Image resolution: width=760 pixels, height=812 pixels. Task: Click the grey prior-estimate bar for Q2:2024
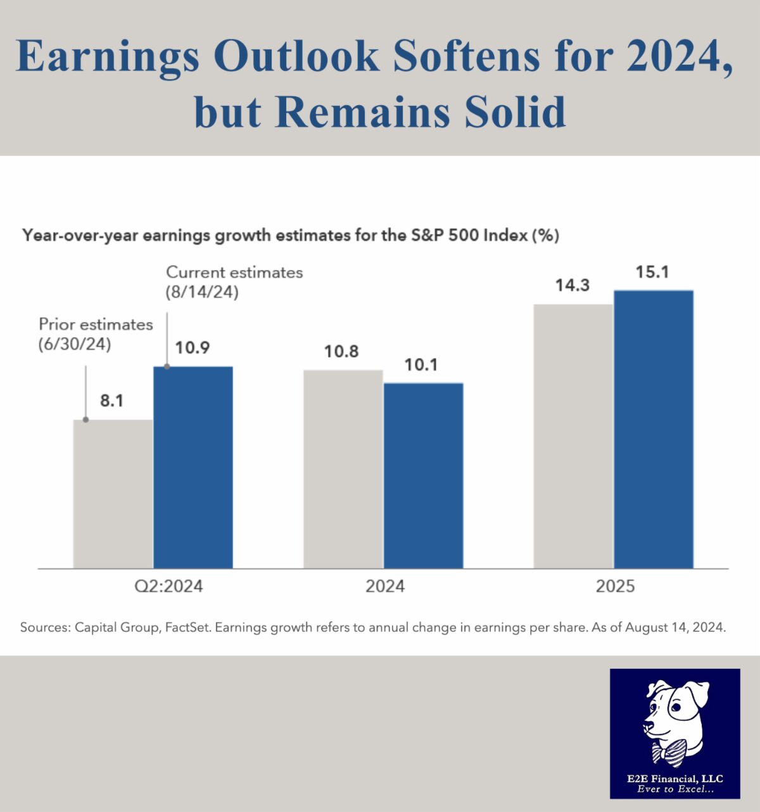coord(113,494)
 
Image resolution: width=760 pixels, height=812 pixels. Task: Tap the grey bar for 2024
coord(343,469)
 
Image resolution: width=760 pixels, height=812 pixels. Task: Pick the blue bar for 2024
coord(424,475)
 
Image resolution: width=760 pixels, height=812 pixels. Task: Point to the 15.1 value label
coord(652,273)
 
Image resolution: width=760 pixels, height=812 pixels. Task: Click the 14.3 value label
coord(573,286)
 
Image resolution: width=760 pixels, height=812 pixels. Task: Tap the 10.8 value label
coord(341,351)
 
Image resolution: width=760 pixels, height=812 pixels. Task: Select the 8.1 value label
coord(111,401)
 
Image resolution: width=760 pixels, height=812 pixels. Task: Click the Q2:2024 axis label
coord(168,586)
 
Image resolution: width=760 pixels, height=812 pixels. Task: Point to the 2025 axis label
coord(614,586)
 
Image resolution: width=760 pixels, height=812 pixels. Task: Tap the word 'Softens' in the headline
coord(467,56)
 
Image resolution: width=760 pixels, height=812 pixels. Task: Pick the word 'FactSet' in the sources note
coord(187,628)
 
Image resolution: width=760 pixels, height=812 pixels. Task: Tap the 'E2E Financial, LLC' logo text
coord(675,778)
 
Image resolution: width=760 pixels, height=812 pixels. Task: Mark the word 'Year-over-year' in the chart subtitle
coord(79,236)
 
